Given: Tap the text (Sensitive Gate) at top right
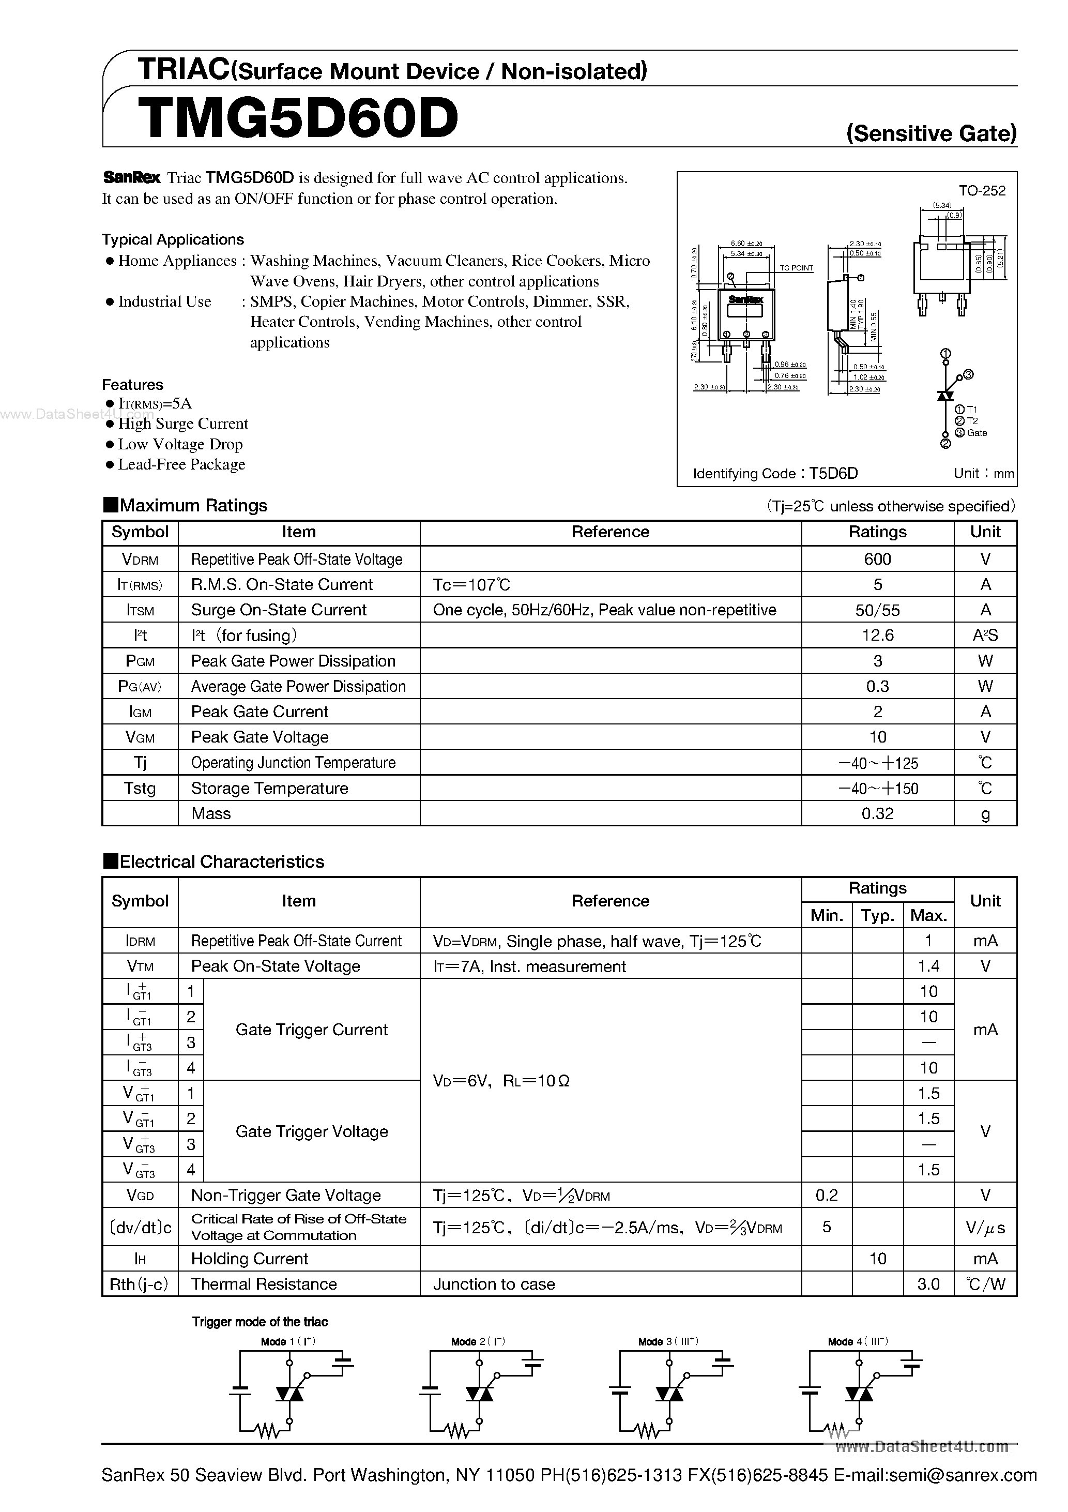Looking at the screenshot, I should point(930,134).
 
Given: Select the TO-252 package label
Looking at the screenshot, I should point(982,191).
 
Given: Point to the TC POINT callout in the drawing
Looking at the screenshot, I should point(796,268).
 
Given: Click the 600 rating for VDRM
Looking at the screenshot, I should point(877,559).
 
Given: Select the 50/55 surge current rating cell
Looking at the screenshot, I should point(877,610).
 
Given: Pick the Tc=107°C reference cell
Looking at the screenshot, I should point(471,585).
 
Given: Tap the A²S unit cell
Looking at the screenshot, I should point(985,636).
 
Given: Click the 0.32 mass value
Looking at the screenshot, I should point(877,813).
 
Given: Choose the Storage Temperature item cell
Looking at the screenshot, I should point(269,788).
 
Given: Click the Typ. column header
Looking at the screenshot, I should point(877,915).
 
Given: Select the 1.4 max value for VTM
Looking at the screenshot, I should point(928,966).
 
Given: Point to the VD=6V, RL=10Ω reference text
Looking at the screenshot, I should point(501,1081).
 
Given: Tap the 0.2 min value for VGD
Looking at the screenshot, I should point(827,1195).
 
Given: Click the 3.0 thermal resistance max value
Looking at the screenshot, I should point(928,1284).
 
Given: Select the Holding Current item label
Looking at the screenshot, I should point(250,1259).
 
